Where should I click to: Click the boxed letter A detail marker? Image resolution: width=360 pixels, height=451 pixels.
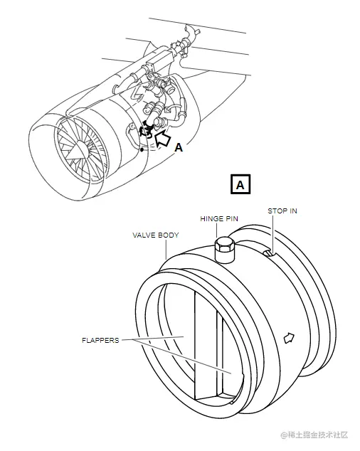(x=240, y=184)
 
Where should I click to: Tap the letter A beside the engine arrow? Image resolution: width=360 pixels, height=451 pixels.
(x=179, y=147)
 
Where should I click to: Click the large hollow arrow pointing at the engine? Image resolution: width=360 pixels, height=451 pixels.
(x=162, y=137)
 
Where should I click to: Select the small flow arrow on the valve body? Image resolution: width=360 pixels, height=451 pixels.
(x=289, y=338)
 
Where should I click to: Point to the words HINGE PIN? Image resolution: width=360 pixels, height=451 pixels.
(x=219, y=219)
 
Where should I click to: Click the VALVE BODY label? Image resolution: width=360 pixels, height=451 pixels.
(x=156, y=235)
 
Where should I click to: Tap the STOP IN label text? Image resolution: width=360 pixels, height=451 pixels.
(x=282, y=211)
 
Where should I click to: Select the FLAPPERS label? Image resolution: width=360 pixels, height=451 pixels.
(x=100, y=341)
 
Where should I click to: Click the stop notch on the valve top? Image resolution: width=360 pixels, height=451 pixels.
(x=269, y=253)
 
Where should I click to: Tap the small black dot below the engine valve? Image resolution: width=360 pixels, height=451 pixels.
(x=142, y=149)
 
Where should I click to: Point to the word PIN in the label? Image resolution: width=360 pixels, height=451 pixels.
(x=231, y=219)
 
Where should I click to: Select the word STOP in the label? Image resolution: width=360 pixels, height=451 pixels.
(x=275, y=211)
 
